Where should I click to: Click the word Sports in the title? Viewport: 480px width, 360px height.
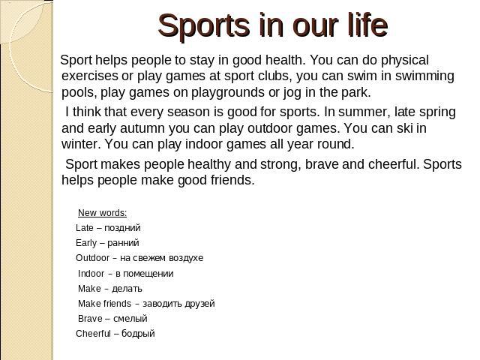pos(204,26)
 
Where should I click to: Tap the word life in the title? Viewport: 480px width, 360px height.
pos(368,25)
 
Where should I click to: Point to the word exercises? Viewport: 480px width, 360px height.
pos(90,76)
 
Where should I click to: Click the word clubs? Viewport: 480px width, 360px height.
pos(274,76)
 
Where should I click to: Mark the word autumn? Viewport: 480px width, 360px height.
pos(142,128)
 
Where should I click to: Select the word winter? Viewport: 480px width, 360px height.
pos(81,144)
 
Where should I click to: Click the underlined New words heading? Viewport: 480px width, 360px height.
pos(102,213)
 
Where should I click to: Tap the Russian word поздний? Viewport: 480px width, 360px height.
pos(122,228)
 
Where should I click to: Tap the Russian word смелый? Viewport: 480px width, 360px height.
pos(130,319)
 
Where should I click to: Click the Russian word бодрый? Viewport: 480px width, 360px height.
pos(138,333)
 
